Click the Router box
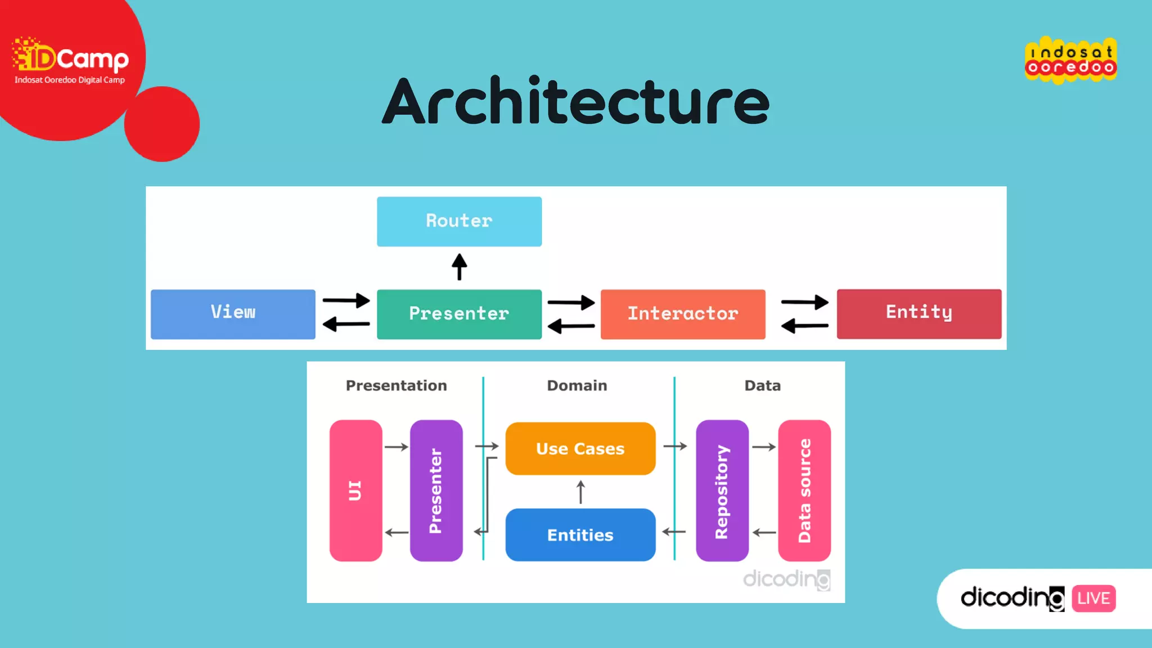459,221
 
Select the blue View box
233,314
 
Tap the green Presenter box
459,314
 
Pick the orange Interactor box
683,314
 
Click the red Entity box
919,313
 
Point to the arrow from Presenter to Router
460,267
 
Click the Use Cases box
580,448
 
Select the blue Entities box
580,534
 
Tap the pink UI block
355,490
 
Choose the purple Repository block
722,490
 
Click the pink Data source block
804,490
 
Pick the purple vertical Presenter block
436,490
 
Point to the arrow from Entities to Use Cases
581,492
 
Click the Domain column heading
577,385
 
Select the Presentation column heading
396,385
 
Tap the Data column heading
763,385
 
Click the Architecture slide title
576,101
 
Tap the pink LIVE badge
1093,598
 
